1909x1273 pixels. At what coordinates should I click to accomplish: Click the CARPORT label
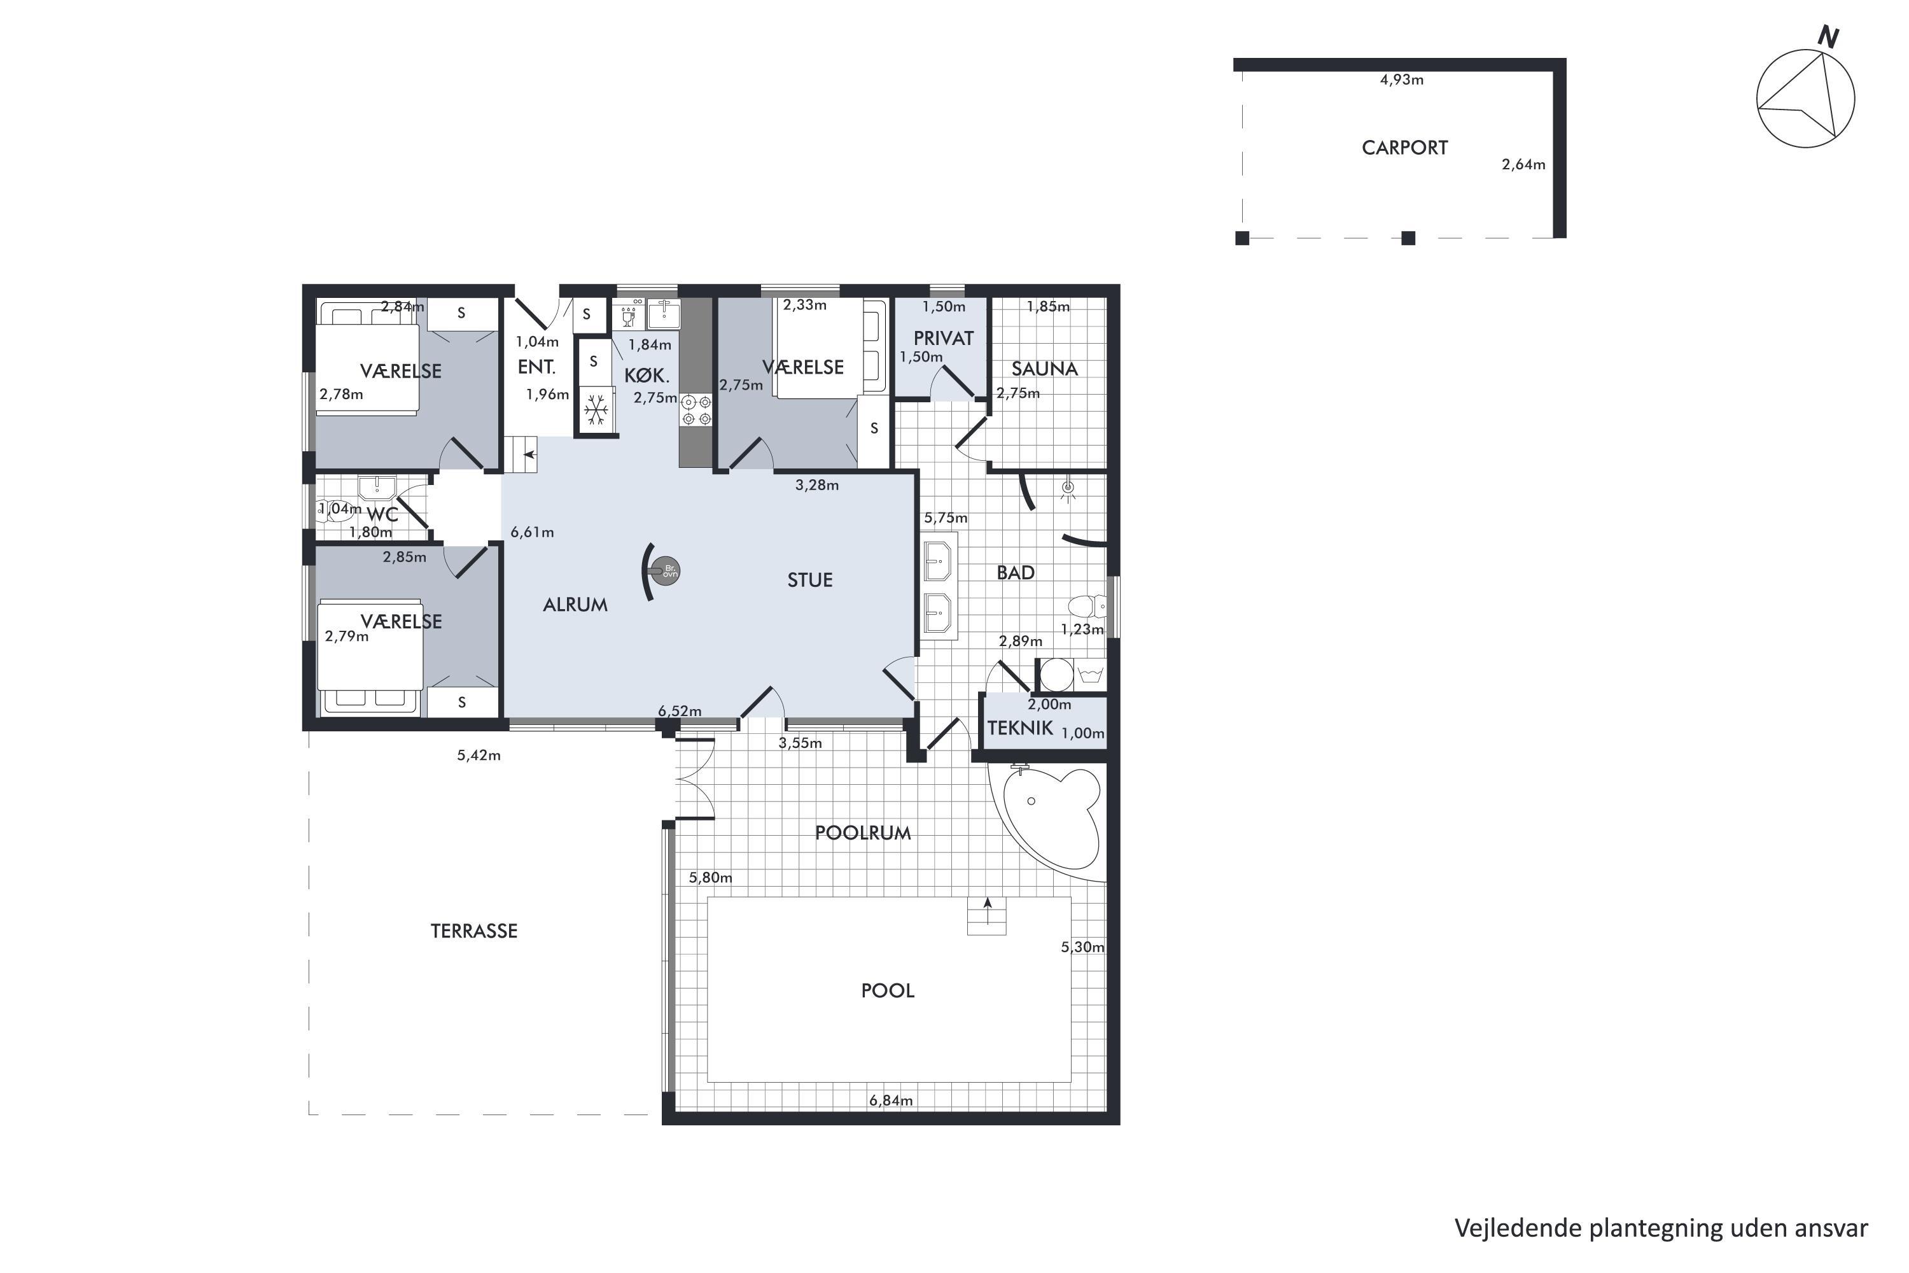1404,148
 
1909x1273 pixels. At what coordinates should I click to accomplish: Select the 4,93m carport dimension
1402,80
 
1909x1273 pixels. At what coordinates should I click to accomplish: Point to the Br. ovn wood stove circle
669,571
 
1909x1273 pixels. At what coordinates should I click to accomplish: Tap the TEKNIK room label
1020,728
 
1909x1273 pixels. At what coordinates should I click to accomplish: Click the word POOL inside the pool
887,990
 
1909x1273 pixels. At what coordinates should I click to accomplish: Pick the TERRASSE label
474,931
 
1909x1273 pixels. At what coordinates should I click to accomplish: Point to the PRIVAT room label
943,339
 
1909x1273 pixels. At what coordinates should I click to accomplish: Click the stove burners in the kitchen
696,410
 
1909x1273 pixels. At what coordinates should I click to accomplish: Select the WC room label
382,515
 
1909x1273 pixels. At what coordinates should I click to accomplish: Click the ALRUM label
575,605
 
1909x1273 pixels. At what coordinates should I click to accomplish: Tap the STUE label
810,580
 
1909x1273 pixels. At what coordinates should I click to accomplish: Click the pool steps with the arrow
987,916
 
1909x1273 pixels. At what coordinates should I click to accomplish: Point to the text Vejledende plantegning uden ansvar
1661,1228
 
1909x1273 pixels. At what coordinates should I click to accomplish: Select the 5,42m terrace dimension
479,755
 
